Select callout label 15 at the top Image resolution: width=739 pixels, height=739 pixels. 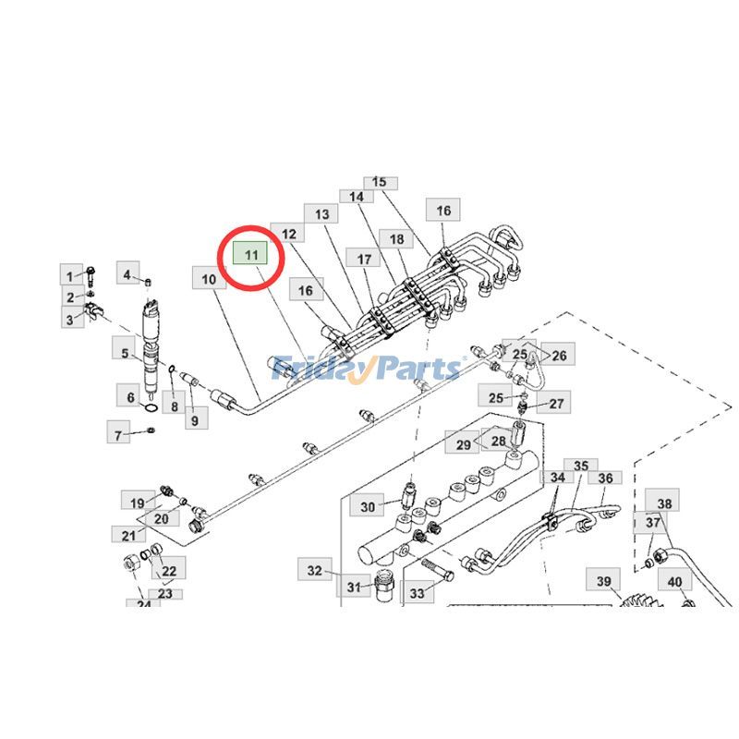pos(379,182)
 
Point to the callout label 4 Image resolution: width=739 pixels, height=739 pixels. pos(127,273)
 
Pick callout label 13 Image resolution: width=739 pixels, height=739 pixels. pos(321,214)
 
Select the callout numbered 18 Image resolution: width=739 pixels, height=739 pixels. pos(397,239)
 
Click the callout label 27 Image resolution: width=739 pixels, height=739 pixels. pos(556,403)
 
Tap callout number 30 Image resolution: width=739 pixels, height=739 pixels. pos(368,506)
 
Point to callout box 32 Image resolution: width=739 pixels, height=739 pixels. pos(315,570)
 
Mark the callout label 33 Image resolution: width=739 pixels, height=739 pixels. pos(416,593)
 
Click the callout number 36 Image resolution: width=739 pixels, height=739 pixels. pos(606,479)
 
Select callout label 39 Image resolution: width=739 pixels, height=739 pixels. pos(603,581)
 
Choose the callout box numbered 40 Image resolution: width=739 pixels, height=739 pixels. pos(674,582)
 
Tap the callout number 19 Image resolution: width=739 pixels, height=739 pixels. pos(137,503)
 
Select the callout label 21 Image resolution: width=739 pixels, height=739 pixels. pos(127,535)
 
